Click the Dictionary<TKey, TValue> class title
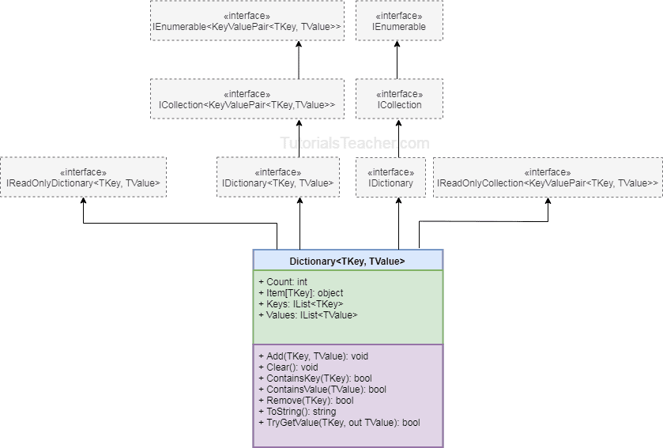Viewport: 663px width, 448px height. (348, 261)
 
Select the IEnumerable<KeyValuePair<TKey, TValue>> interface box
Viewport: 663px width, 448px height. (247, 21)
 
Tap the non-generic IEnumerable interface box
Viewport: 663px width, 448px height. (399, 21)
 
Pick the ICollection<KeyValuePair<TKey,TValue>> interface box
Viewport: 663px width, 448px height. (247, 99)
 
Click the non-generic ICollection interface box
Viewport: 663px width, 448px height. (399, 99)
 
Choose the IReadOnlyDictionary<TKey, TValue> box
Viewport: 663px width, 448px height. (83, 177)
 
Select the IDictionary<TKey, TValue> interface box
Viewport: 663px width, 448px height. (277, 177)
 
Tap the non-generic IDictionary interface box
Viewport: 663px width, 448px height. (390, 177)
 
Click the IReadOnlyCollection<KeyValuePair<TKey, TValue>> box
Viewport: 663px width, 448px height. (548, 177)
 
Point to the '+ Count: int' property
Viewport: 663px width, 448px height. (282, 281)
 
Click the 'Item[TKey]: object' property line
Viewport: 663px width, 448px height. (300, 293)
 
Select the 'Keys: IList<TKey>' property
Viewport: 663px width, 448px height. (300, 304)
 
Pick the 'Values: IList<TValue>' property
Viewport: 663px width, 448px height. (307, 315)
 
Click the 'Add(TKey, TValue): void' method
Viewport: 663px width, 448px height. (313, 356)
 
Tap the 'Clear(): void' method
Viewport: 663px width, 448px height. (288, 367)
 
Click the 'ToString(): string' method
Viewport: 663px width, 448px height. (296, 412)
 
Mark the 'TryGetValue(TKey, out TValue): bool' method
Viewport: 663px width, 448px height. (339, 423)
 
